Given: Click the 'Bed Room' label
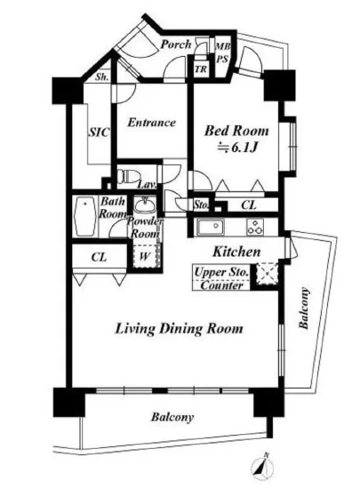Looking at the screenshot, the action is [236, 131].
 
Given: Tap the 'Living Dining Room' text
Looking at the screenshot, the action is [180, 329].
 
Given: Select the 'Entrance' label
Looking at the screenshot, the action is [151, 123].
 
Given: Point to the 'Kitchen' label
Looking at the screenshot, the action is [236, 252].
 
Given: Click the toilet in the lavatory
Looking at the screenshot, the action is [128, 177].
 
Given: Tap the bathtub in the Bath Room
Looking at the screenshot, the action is [84, 217].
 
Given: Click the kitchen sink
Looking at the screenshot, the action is [210, 227].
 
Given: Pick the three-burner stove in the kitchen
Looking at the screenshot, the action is [255, 227].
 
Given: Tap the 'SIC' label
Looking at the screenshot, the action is [100, 132].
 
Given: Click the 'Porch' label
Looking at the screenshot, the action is [176, 44].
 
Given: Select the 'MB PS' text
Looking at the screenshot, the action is [223, 52].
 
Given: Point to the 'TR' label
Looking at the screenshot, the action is [201, 69].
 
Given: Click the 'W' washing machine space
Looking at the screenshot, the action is [145, 256].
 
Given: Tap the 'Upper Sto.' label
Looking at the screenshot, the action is [221, 272].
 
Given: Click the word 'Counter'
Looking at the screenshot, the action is [221, 285].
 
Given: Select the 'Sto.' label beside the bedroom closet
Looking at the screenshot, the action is [201, 205].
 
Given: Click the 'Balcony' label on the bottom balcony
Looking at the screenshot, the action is [172, 417].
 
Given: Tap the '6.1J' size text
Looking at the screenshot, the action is [243, 148].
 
